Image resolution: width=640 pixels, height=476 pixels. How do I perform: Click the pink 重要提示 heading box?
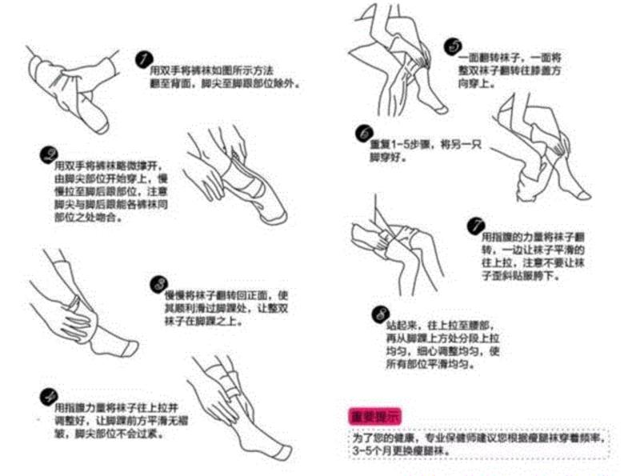pos(374,416)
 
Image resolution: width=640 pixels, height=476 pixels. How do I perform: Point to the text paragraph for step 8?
pos(436,344)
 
